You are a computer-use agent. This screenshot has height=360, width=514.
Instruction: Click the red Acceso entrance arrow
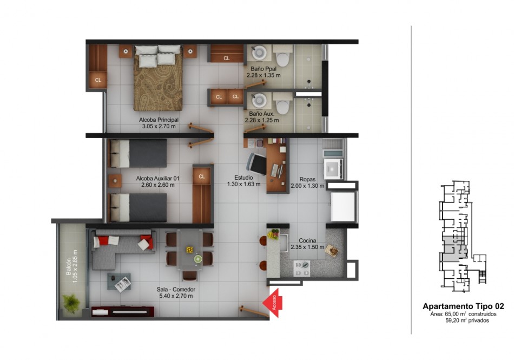point(273,303)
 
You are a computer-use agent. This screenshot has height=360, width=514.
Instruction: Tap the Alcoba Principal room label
point(159,120)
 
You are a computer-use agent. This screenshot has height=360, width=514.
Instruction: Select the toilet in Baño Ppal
point(282,56)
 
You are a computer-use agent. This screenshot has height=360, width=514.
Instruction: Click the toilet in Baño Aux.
point(282,103)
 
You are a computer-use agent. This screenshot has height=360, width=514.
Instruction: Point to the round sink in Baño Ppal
point(259,53)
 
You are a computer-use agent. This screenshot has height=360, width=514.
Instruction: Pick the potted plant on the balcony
point(71,303)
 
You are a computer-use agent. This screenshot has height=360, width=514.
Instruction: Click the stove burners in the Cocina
point(302,268)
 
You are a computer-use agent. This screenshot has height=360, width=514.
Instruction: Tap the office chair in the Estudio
point(257,163)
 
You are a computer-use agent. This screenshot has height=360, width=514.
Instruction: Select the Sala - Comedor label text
point(176,290)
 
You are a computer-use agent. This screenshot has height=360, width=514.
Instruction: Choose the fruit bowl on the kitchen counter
point(273,234)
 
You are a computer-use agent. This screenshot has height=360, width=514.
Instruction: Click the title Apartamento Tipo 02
point(463,306)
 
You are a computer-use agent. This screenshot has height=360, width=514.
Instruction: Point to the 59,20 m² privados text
point(467,320)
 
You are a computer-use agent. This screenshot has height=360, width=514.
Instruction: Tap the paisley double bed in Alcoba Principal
point(157,78)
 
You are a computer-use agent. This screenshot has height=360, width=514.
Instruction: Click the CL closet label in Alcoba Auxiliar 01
point(202,176)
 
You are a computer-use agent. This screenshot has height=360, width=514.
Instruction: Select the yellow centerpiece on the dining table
point(190,250)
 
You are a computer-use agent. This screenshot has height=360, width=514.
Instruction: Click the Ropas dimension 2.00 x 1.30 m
point(307,186)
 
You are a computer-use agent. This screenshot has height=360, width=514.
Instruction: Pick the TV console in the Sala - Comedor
point(123,311)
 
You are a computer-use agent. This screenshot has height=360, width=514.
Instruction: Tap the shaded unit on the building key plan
point(454,249)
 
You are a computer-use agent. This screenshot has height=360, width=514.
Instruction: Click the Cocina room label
point(307,241)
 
